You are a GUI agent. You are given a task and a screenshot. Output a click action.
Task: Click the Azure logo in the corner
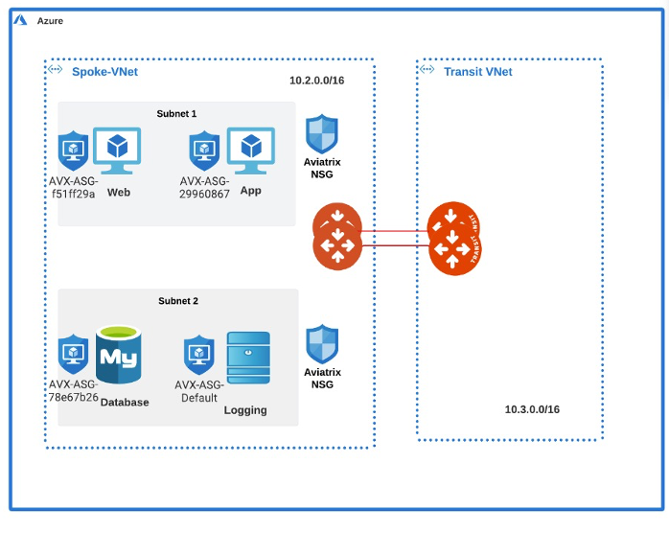(x=20, y=20)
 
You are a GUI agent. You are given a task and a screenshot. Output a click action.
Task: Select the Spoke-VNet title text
(x=104, y=72)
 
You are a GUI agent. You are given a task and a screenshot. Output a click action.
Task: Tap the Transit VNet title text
(x=477, y=72)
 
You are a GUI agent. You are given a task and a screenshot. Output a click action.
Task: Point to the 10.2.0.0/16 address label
(x=316, y=81)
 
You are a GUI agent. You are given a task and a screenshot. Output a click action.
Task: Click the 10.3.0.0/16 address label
(x=532, y=409)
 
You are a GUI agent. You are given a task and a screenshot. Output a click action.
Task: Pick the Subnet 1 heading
(x=176, y=113)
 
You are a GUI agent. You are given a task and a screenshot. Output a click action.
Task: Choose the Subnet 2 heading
(x=178, y=301)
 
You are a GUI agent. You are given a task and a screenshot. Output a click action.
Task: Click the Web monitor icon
(x=117, y=151)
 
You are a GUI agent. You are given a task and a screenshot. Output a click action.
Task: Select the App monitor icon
(x=251, y=151)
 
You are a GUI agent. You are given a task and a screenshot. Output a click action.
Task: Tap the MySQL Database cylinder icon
(x=119, y=358)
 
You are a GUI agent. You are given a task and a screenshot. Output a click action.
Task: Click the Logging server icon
(x=248, y=358)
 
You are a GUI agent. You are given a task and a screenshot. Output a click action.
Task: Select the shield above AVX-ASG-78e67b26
(x=73, y=354)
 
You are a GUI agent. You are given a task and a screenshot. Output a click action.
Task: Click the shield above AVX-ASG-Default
(x=198, y=354)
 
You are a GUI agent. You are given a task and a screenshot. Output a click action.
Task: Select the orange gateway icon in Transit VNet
(x=453, y=238)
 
